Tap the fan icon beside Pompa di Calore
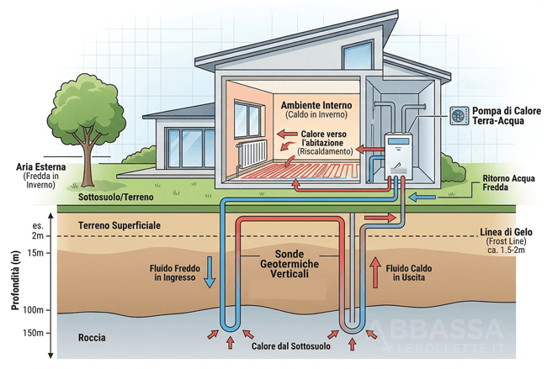pos(459,115)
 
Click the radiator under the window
pos(252,152)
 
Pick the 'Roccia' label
pos(91,337)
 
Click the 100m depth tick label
pos(33,310)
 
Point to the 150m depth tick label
pos(33,333)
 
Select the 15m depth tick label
pos(35,253)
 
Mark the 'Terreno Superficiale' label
pos(118,226)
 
